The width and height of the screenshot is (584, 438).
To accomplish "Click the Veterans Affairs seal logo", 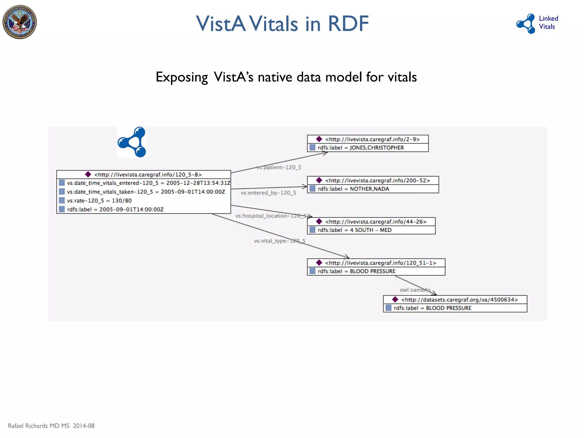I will pos(20,22).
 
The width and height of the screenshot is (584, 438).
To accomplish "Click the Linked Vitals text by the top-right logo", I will pos(548,23).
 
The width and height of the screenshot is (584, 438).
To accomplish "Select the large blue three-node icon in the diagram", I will pos(132,142).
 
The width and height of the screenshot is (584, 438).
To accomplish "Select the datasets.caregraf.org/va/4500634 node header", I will pos(455,300).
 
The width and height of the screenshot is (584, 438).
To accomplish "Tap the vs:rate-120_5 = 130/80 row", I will pos(99,201).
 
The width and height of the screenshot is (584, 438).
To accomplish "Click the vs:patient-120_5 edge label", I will pos(279,167).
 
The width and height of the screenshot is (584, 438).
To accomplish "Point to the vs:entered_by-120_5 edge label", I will pos(268,193).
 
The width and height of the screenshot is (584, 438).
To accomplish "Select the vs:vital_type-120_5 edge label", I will pos(279,241).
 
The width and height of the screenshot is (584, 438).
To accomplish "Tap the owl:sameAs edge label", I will pos(415,290).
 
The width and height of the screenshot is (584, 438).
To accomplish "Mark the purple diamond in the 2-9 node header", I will pos(319,139).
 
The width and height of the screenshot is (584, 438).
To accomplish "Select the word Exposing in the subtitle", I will pos(182,77).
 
